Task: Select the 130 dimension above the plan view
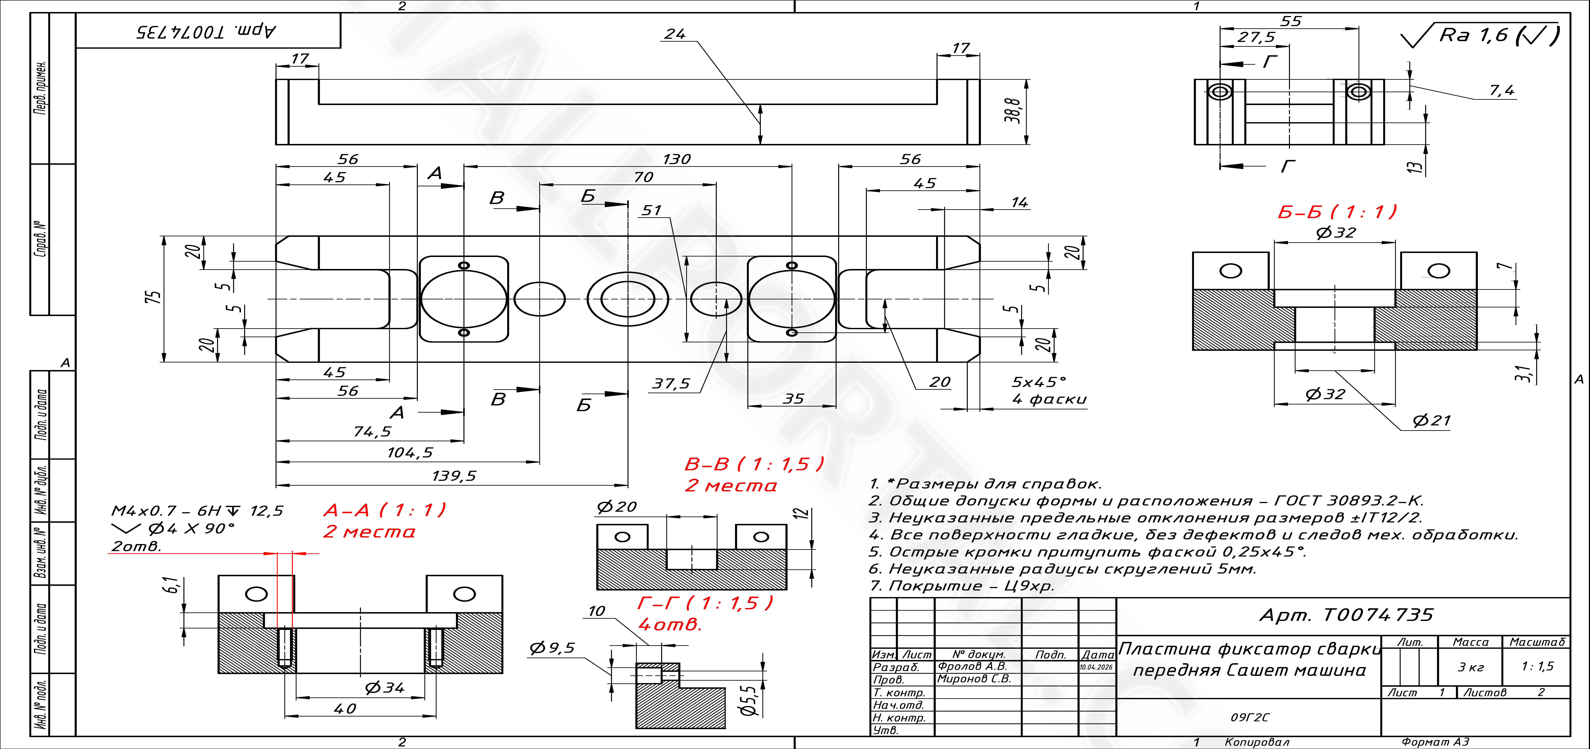pos(677,159)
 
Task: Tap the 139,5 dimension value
pos(454,476)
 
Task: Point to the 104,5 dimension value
pos(410,453)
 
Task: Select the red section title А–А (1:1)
pos(384,510)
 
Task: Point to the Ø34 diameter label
pos(384,687)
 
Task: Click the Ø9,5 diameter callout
pos(552,648)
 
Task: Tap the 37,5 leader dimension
pos(671,384)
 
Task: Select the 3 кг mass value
pos(1471,667)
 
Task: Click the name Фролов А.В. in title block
pos(972,666)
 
